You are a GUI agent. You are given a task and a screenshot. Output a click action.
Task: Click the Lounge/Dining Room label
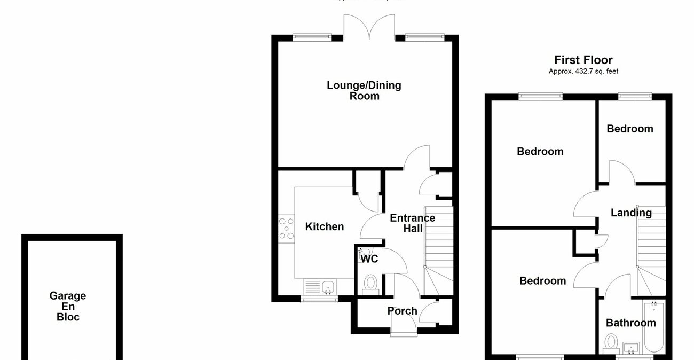click(364, 90)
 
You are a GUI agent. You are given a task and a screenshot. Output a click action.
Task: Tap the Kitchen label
click(324, 226)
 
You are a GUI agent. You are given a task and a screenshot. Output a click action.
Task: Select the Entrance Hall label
click(412, 223)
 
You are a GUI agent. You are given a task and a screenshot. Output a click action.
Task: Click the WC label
click(369, 259)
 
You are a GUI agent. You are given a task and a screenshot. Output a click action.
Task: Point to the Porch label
click(402, 311)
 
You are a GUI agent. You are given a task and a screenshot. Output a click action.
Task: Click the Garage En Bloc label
click(68, 306)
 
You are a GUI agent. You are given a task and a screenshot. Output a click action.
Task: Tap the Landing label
click(631, 213)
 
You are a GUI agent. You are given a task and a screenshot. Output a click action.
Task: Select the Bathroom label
click(630, 323)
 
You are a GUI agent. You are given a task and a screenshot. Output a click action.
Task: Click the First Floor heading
click(583, 60)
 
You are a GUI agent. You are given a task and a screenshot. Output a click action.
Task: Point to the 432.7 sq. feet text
click(583, 71)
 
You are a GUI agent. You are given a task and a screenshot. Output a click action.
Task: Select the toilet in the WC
click(369, 283)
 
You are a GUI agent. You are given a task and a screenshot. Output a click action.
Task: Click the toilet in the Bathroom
click(611, 342)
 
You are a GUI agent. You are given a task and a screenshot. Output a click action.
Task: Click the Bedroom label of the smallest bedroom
click(629, 129)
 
